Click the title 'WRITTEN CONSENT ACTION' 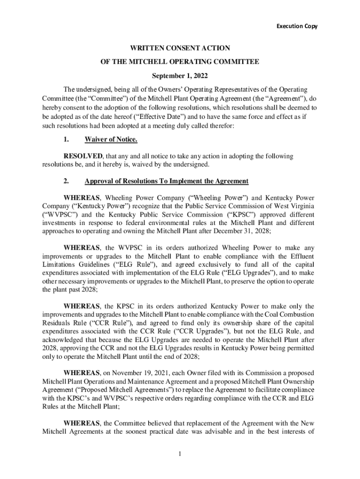coord(180,48)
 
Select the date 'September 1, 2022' coord(180,75)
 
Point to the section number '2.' coord(66,181)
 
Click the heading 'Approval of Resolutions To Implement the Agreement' coord(166,181)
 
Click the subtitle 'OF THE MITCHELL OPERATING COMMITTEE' coord(180,62)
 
